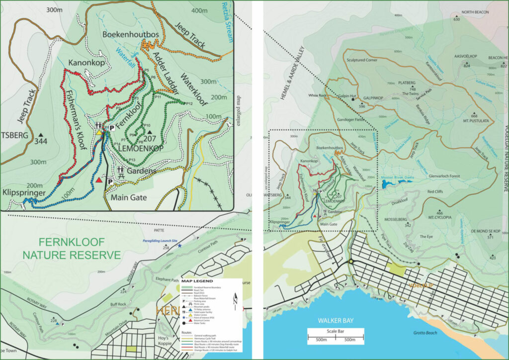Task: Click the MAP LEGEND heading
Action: (x=197, y=281)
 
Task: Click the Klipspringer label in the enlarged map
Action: (x=23, y=192)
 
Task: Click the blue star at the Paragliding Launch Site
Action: (x=180, y=246)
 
